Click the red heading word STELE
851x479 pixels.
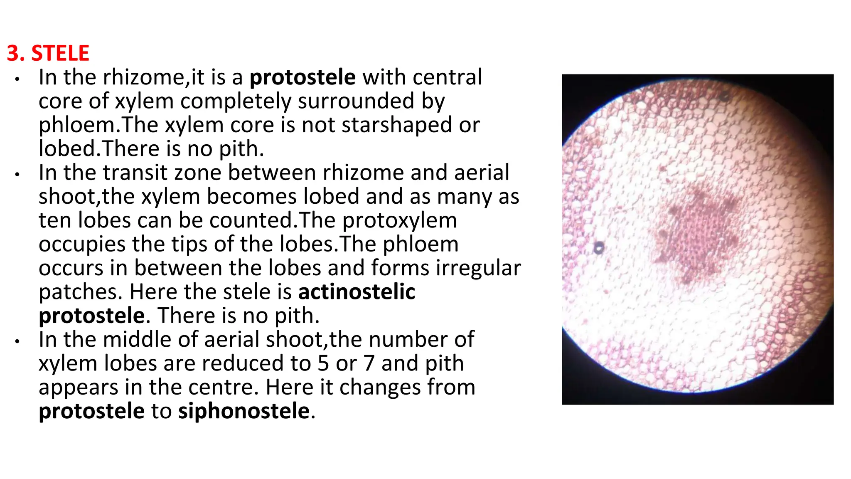point(60,54)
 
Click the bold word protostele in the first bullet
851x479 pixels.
point(303,77)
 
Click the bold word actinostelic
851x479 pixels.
point(357,292)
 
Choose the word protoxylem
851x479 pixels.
point(399,220)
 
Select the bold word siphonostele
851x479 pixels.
point(244,411)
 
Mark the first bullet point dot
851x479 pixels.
point(17,79)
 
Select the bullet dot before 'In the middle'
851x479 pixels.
point(17,341)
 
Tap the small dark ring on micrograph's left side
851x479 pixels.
point(598,248)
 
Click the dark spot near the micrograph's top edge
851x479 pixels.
point(725,97)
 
